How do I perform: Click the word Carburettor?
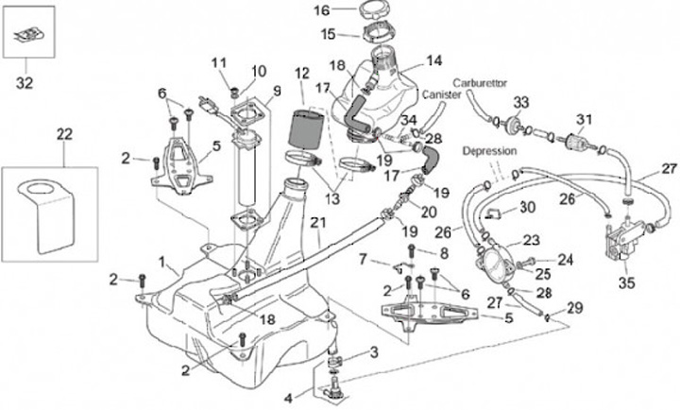pos(480,83)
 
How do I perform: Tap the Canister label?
pos(441,94)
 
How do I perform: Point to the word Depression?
pos(489,151)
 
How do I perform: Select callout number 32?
pos(25,82)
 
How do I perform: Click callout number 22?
pos(64,134)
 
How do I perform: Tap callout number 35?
pos(627,282)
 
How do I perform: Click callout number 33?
pos(520,102)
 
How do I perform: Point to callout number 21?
pos(318,223)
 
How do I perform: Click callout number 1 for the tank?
pos(161,262)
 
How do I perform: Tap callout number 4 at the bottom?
pos(289,398)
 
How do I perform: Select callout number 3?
pos(374,351)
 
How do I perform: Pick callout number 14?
pos(434,60)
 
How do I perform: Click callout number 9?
pos(277,91)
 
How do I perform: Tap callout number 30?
pos(527,208)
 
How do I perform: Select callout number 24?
pos(565,260)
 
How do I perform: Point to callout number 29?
pos(575,308)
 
